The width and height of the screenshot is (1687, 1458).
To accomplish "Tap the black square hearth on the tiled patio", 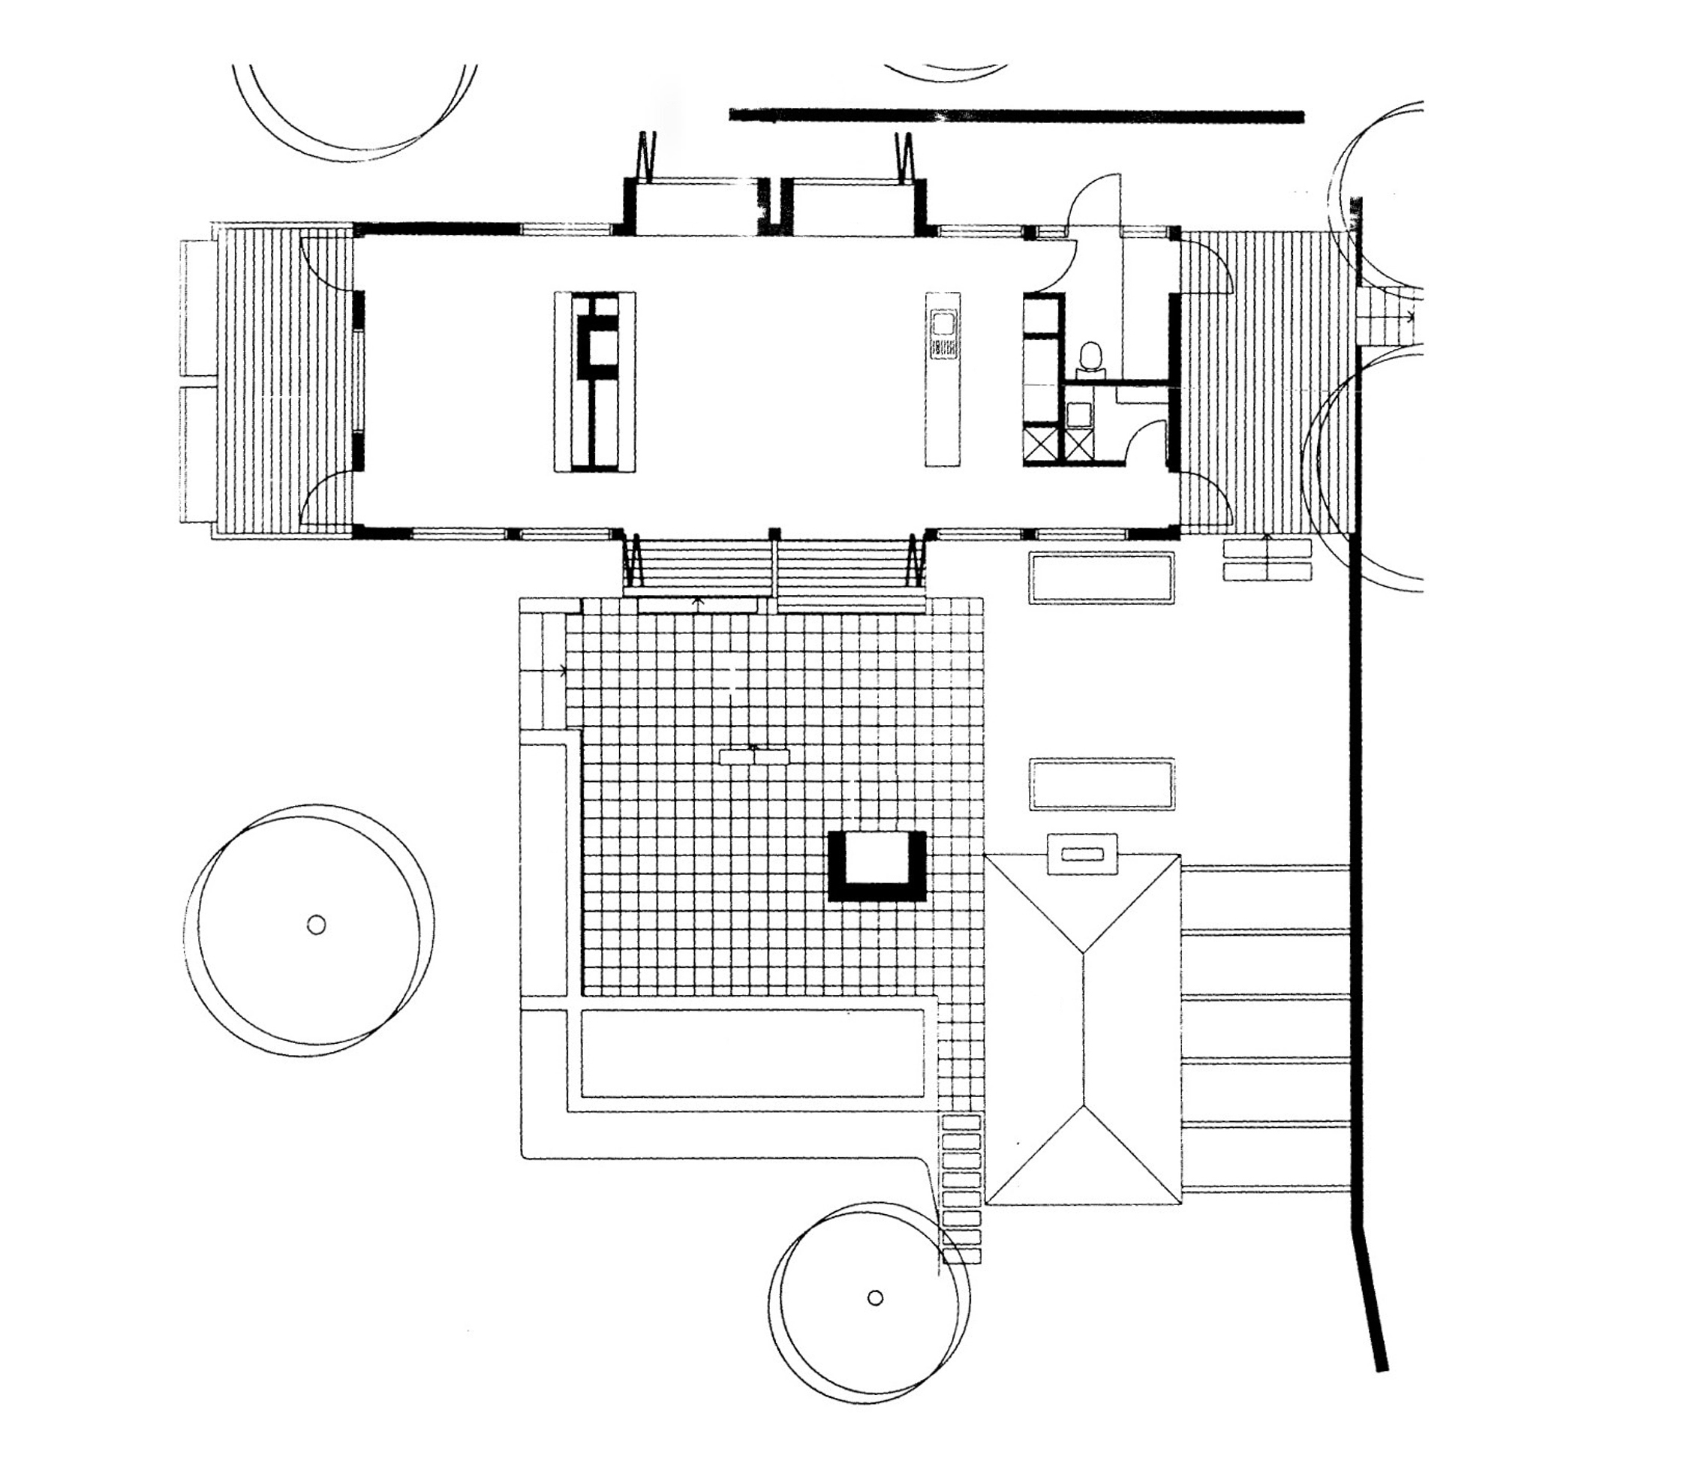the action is [x=877, y=866].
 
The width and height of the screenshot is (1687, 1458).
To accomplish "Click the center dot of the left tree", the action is [x=317, y=924].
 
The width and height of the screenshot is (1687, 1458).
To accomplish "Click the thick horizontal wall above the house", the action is [x=1016, y=116].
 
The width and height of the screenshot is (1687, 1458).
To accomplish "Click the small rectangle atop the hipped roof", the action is [x=1082, y=854].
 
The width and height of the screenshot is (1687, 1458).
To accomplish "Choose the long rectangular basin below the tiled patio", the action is [x=753, y=1054].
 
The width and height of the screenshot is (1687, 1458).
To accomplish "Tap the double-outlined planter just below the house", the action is [x=1102, y=577].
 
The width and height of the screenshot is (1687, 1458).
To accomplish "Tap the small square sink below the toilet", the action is [x=1079, y=413].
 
